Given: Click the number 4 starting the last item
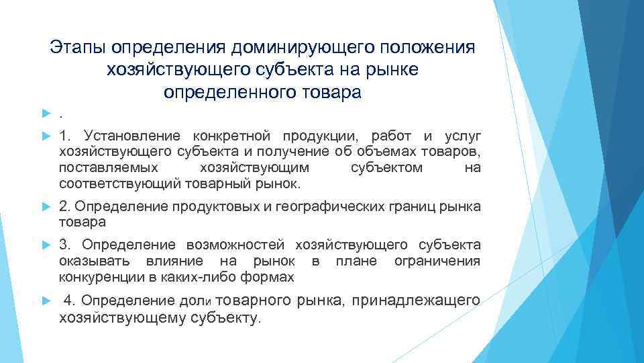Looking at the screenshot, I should [x=67, y=300].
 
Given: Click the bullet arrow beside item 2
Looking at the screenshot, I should [x=46, y=206].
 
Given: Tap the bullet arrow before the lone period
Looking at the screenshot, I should [x=46, y=110].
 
